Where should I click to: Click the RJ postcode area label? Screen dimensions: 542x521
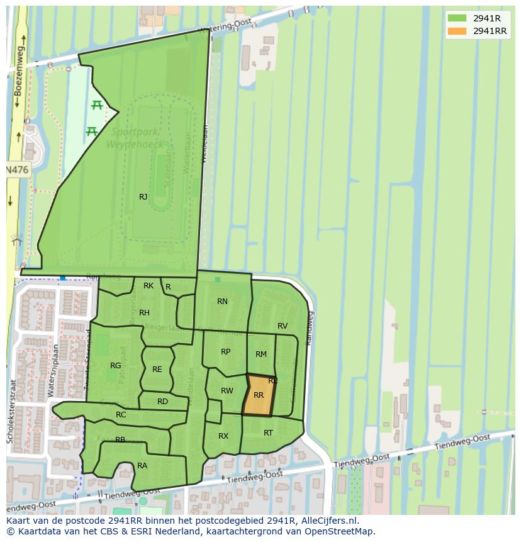[x=143, y=197]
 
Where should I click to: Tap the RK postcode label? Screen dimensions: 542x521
[x=148, y=286]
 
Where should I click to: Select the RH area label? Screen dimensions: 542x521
[x=144, y=313]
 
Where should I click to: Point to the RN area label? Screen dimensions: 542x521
[x=222, y=302]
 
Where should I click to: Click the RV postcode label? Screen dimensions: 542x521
[x=283, y=326]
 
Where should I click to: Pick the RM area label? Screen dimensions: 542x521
[x=261, y=354]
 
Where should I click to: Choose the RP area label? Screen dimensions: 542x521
[x=225, y=352]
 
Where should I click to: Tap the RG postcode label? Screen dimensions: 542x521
[x=115, y=366]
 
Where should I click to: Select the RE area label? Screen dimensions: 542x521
[x=157, y=370]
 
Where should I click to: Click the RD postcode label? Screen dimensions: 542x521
[x=162, y=402]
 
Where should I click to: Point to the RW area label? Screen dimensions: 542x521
[x=227, y=391]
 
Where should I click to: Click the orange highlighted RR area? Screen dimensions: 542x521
[x=259, y=396]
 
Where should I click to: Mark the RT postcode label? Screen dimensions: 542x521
[x=269, y=432]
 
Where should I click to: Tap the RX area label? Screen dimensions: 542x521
[x=223, y=436]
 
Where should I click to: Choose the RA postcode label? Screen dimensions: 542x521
[x=142, y=466]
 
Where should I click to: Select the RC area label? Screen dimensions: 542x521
[x=121, y=415]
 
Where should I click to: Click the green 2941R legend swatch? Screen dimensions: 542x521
[x=457, y=18]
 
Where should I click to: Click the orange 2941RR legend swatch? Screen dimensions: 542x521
[x=457, y=31]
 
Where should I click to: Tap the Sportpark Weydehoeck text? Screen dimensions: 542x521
[x=137, y=137]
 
